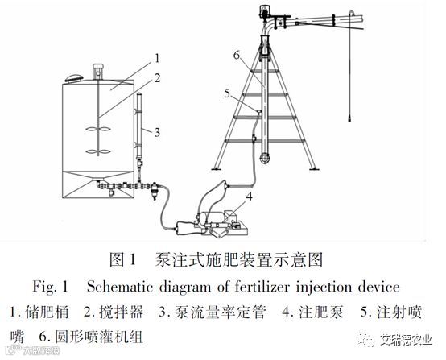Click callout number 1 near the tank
coord(157,59)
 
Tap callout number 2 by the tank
coord(157,78)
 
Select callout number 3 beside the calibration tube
coord(157,132)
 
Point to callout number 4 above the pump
coord(250,196)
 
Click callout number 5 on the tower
coord(227,93)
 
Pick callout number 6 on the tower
coord(237,56)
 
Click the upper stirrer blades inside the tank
coord(97,129)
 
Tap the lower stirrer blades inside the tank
coord(97,151)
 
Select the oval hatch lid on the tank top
coord(74,77)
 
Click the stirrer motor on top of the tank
coord(97,71)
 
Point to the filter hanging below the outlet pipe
coord(155,191)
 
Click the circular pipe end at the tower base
coord(265,158)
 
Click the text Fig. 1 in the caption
coord(51,287)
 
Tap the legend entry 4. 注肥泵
coord(313,312)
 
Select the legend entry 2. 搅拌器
coord(114,312)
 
